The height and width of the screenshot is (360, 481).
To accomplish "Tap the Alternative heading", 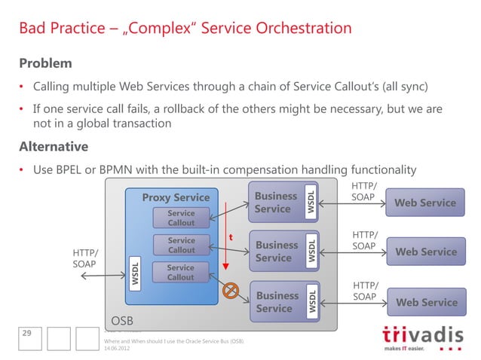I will [54, 146].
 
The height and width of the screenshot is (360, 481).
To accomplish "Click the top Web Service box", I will [426, 203].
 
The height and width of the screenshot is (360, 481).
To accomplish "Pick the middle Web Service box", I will [426, 252].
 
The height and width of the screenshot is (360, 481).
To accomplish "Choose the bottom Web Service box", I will [426, 302].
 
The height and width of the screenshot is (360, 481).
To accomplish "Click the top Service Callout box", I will [180, 218].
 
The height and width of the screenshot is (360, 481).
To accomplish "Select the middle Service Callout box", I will [180, 246].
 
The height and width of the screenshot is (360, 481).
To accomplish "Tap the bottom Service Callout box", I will [180, 273].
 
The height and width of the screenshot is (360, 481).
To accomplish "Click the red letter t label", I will [230, 237].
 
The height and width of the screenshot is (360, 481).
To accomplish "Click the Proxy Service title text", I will [176, 198].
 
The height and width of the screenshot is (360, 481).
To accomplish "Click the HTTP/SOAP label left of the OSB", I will [84, 258].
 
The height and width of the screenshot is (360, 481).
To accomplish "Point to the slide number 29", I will [27, 334].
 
